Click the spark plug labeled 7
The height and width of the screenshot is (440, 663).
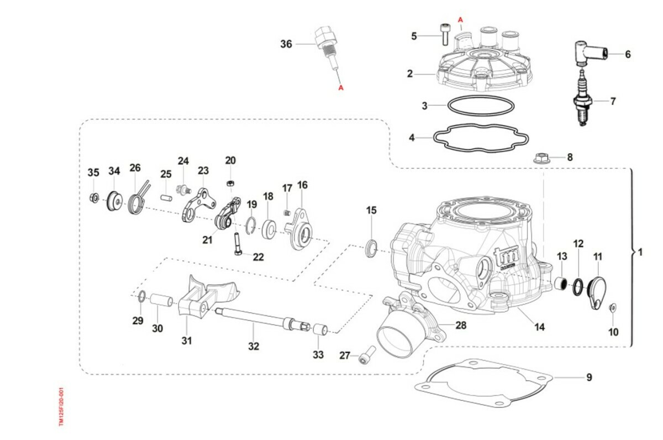point(582,99)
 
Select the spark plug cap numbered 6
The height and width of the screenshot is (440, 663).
point(592,53)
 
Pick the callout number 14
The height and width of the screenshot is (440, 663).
point(539,327)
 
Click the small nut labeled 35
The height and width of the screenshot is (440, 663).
point(94,197)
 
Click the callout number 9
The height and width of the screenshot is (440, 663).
point(589,378)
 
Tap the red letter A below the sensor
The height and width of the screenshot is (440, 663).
point(341,87)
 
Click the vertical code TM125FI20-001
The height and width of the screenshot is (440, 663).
point(61,406)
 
